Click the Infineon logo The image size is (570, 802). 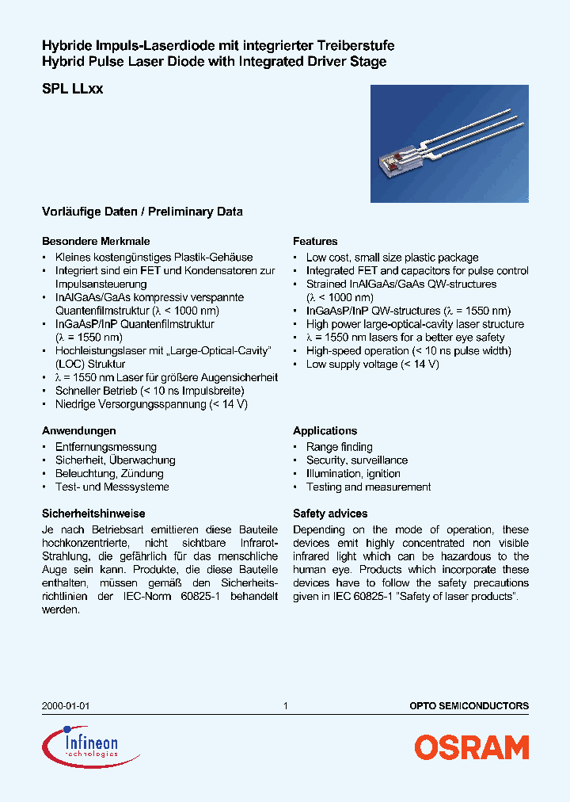click(81, 746)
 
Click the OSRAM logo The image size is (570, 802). click(471, 747)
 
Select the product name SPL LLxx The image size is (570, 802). click(72, 90)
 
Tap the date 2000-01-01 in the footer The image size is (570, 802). click(60, 705)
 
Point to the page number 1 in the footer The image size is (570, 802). click(285, 705)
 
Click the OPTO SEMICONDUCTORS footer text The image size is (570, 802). click(469, 705)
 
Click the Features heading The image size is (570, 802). click(315, 241)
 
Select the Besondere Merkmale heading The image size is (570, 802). click(96, 241)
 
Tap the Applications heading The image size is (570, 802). click(325, 430)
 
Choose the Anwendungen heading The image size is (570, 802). click(79, 430)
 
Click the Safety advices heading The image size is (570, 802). click(330, 514)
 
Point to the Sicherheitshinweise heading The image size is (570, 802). click(93, 514)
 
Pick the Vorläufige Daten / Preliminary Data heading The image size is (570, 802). click(142, 212)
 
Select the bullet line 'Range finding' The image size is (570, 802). click(339, 447)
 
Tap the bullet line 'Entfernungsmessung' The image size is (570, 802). click(105, 447)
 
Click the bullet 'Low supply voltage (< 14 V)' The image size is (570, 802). click(372, 364)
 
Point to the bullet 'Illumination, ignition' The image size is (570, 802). click(353, 473)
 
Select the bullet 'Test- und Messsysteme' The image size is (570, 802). click(112, 487)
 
